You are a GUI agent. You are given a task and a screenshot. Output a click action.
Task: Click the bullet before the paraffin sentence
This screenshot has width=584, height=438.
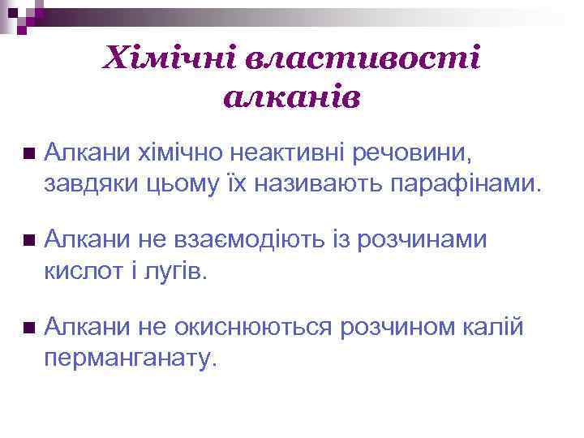tap(29, 152)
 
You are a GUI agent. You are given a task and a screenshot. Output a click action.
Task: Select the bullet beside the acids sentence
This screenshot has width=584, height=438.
tap(29, 240)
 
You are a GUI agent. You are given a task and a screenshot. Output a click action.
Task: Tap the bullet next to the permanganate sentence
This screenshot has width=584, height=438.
tap(29, 328)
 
